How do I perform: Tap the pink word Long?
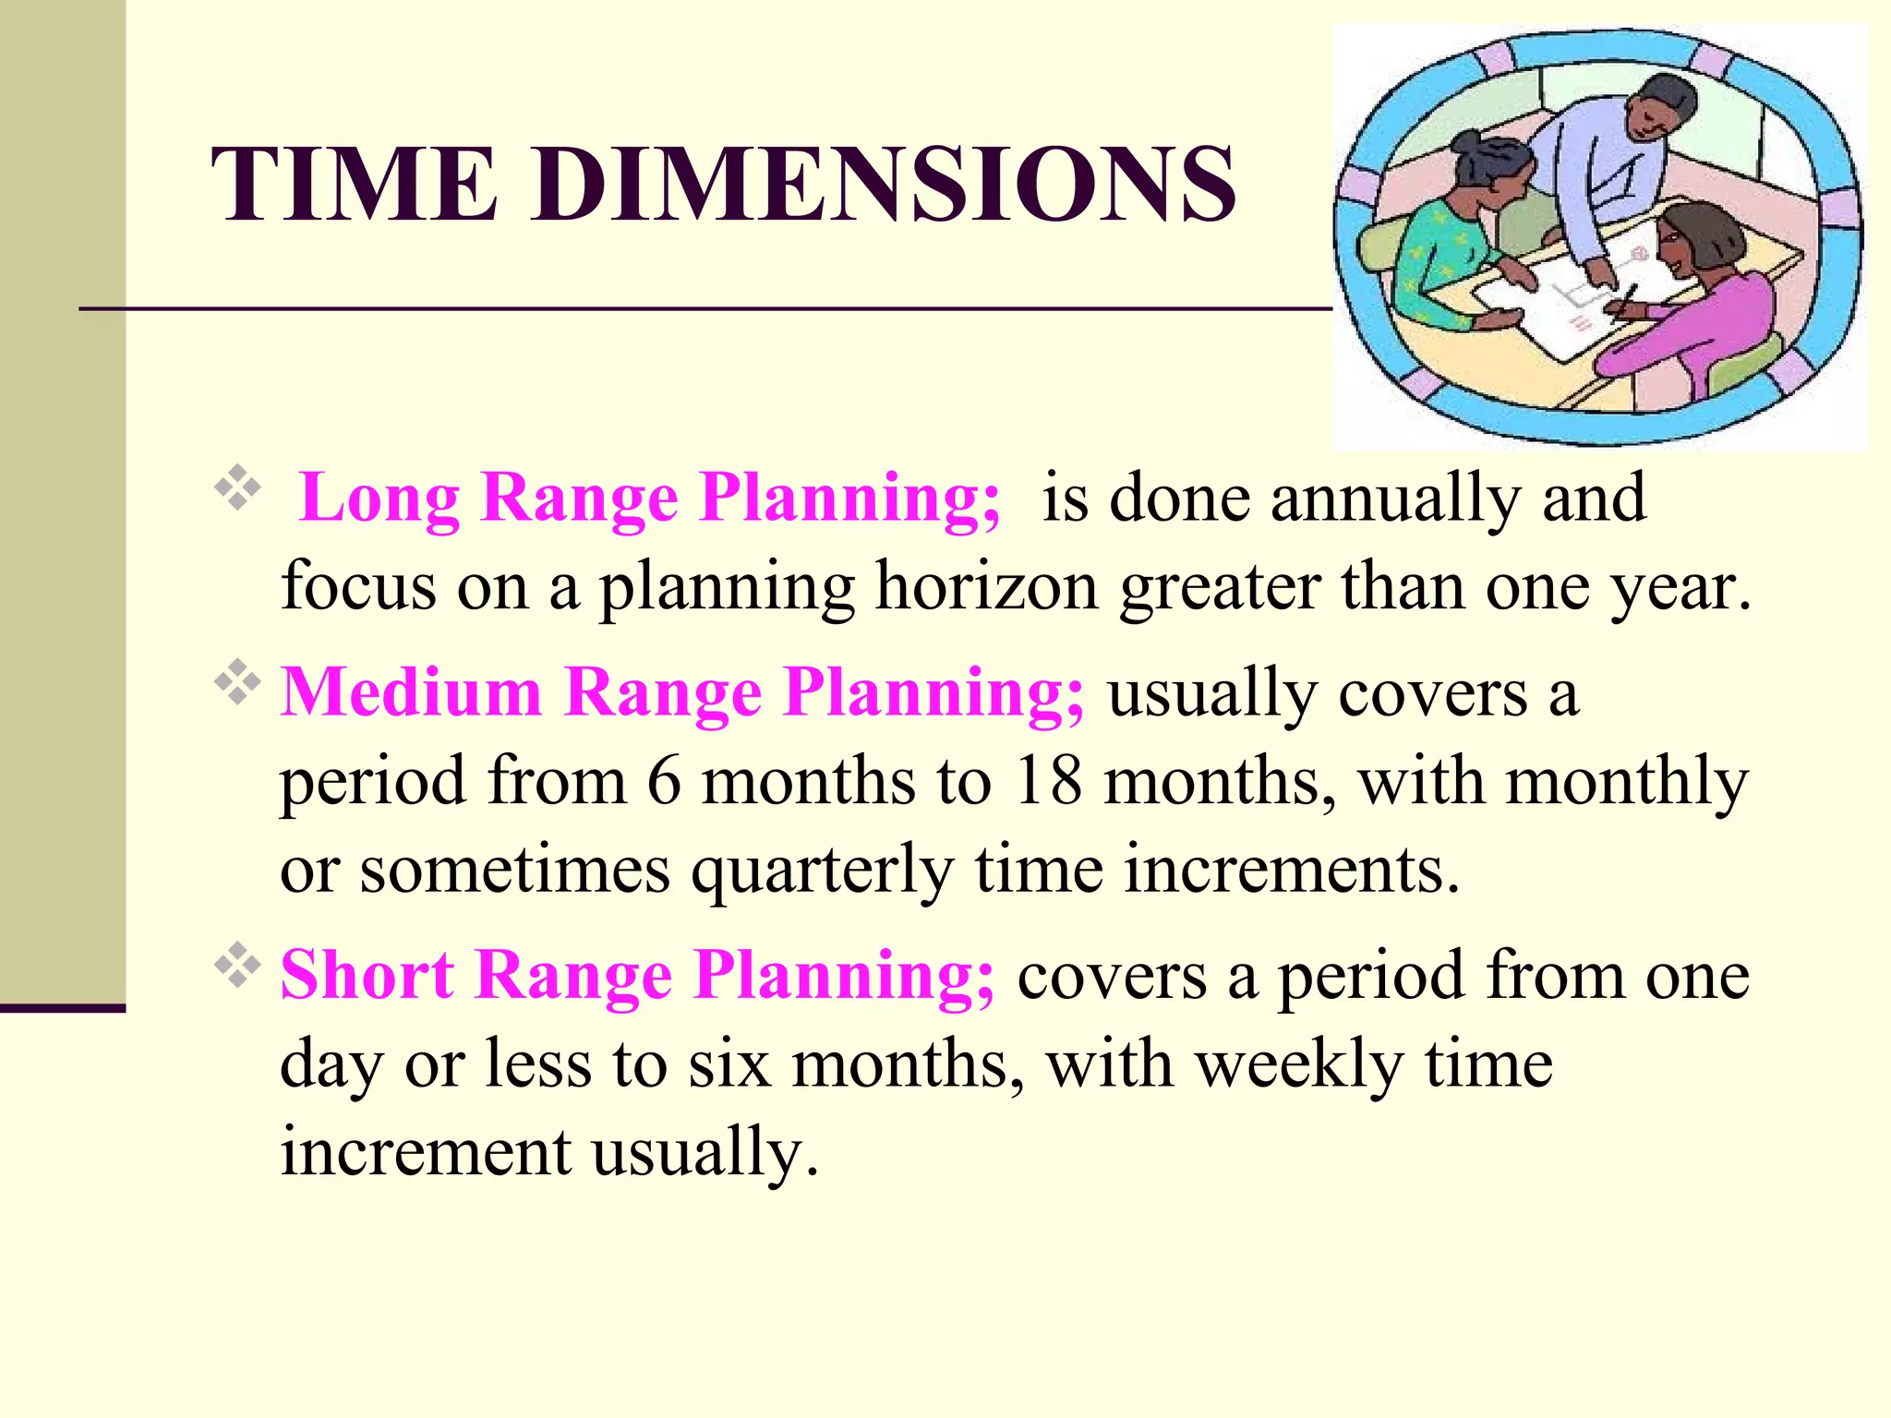click(x=379, y=499)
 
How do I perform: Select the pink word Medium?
click(x=411, y=692)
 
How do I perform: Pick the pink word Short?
click(x=367, y=975)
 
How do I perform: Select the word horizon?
click(x=987, y=587)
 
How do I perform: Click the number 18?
click(x=1047, y=782)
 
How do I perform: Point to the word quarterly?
click(x=823, y=871)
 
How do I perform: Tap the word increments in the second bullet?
click(x=1292, y=871)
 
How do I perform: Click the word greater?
click(x=1220, y=587)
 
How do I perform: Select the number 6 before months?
click(x=664, y=782)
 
